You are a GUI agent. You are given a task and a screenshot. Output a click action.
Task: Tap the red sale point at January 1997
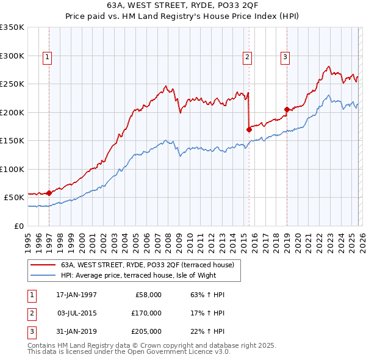(49, 193)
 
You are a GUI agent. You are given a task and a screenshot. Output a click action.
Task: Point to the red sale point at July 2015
(249, 129)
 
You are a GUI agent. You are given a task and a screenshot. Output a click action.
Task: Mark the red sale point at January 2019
(287, 110)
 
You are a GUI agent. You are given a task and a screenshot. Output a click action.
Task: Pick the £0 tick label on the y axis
(18, 226)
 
